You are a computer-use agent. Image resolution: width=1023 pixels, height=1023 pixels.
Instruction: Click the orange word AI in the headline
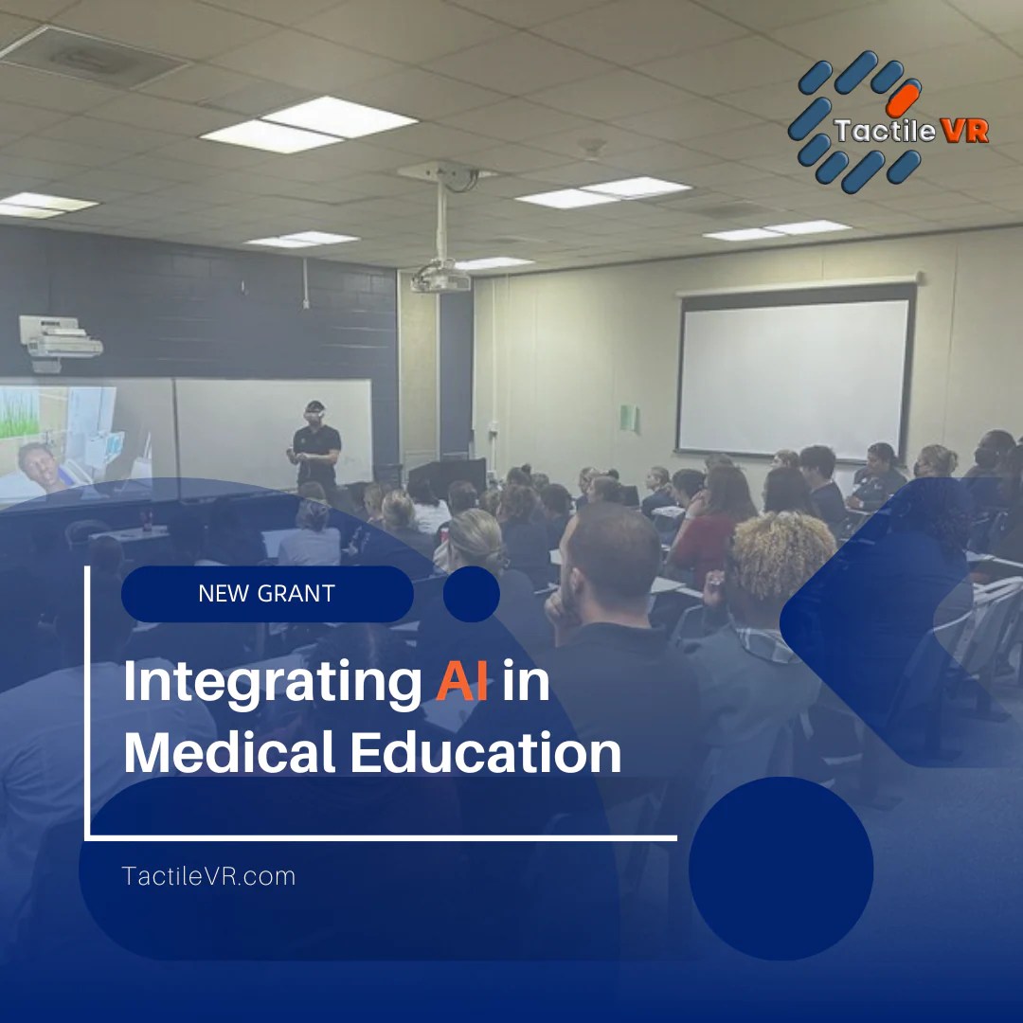462,684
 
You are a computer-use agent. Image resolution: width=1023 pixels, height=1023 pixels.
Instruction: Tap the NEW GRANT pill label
266,594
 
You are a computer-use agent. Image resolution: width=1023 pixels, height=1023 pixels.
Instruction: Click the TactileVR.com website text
208,876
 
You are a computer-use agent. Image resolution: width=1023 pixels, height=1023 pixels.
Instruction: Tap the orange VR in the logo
965,131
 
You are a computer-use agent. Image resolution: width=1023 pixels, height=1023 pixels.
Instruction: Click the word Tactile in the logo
884,131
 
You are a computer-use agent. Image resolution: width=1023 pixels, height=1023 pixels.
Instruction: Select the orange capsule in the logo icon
903,98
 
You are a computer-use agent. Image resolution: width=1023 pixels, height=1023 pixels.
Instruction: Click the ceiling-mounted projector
440,278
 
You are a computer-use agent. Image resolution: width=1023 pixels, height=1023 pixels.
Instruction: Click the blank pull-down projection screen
794,375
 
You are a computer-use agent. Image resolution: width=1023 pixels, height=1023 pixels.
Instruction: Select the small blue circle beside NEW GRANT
471,594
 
